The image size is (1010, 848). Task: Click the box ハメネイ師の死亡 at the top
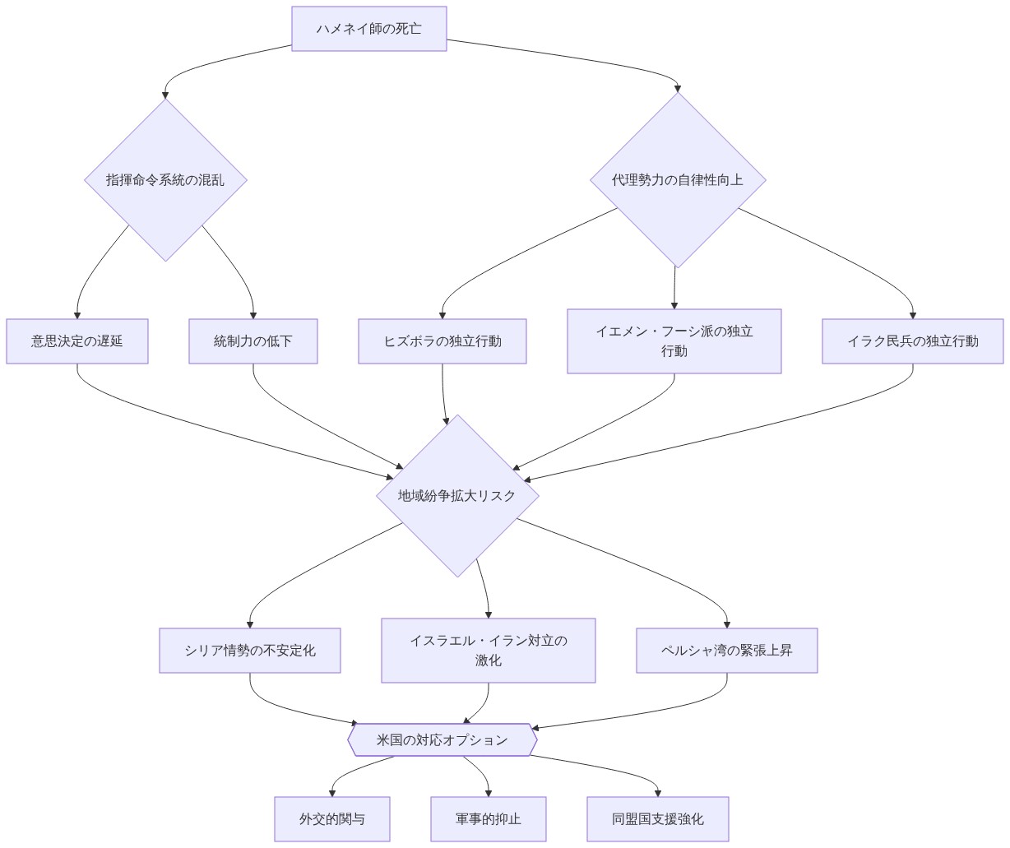(x=368, y=29)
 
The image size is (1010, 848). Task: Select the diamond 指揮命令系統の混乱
(x=165, y=179)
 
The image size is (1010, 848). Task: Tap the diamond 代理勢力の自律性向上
(x=677, y=179)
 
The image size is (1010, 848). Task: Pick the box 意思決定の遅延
(x=77, y=341)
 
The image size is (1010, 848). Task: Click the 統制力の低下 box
(x=253, y=341)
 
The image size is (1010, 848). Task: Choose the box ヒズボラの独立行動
(x=442, y=341)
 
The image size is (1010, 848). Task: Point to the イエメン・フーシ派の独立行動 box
(x=674, y=341)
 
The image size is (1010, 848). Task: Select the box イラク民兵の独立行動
(x=912, y=341)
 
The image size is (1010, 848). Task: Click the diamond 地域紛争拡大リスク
(x=457, y=495)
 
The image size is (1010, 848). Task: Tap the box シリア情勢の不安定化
(x=250, y=650)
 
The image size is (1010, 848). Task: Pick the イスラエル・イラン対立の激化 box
(x=488, y=650)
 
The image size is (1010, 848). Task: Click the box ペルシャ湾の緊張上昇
(x=726, y=650)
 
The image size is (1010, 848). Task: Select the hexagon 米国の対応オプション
(x=442, y=739)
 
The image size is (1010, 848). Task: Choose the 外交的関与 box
(x=332, y=818)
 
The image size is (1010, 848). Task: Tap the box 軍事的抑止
(x=488, y=818)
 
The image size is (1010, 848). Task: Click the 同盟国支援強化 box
(x=657, y=818)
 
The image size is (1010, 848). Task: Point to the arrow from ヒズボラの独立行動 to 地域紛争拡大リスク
(x=444, y=393)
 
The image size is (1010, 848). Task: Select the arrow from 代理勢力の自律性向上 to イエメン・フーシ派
(x=674, y=288)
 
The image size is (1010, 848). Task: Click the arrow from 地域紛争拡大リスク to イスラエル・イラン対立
(x=484, y=588)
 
